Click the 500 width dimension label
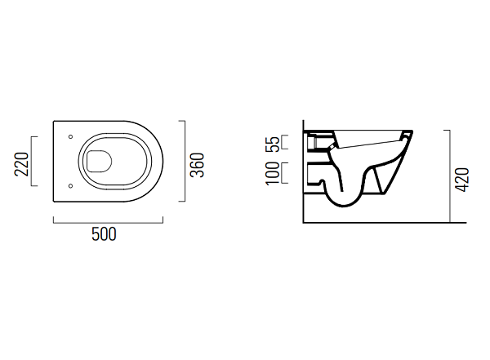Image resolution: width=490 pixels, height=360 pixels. tap(104, 234)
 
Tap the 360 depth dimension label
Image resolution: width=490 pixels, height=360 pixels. tap(197, 165)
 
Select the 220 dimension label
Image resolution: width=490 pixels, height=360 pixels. tap(21, 164)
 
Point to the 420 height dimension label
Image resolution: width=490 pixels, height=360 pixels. tap(462, 180)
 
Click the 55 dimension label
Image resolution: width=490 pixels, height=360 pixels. tap(273, 144)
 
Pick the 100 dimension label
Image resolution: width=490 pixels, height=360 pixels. tap(273, 173)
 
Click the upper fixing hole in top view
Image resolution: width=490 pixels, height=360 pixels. tap(70, 136)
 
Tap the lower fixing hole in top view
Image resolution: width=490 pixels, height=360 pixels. tap(70, 186)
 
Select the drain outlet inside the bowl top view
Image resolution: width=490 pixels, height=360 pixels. tap(99, 162)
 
